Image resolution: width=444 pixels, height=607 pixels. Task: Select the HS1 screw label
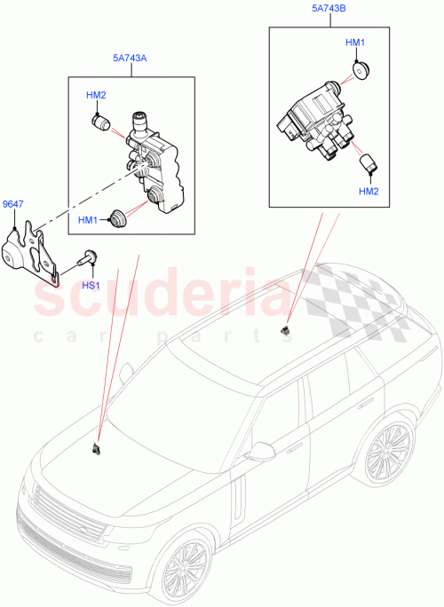click(91, 284)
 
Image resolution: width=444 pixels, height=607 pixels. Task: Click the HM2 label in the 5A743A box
click(96, 95)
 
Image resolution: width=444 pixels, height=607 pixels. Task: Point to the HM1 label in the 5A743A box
click(89, 219)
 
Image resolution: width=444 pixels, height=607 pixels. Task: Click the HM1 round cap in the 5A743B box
click(361, 70)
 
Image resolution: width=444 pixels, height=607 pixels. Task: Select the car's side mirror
click(262, 453)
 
